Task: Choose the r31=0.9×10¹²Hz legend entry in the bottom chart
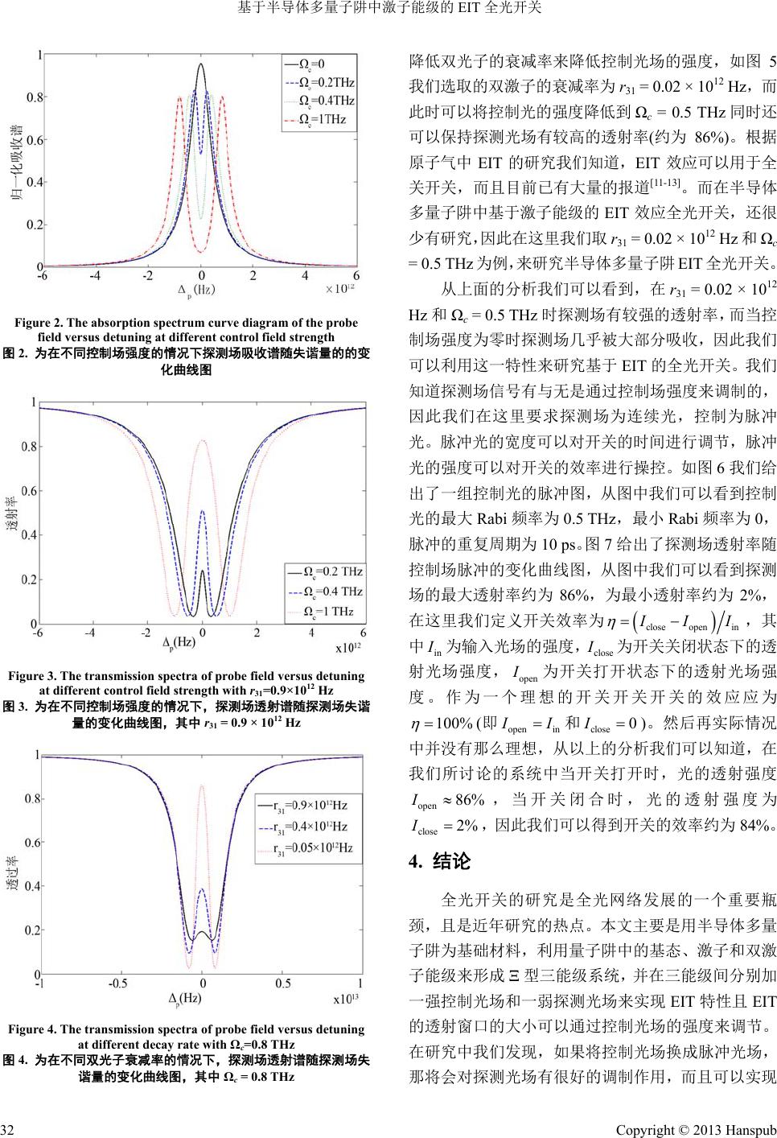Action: (310, 805)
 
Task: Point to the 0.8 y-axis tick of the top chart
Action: (35, 97)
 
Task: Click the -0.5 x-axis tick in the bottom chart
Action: (118, 983)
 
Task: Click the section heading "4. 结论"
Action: (439, 863)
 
